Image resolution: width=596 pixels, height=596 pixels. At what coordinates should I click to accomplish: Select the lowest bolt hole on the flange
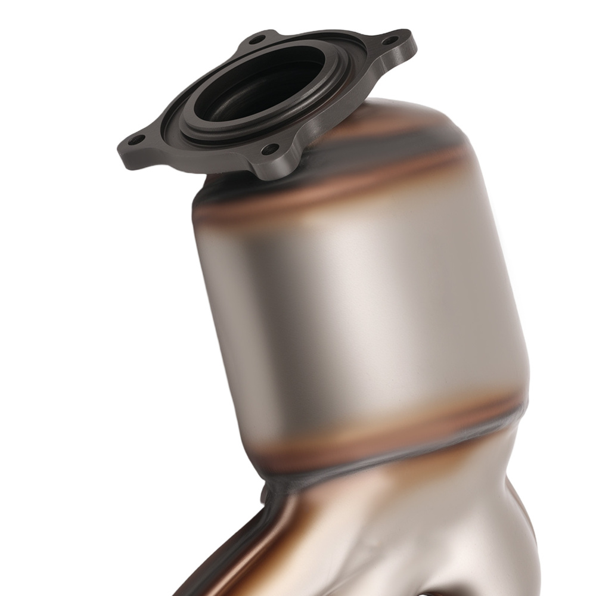click(x=271, y=147)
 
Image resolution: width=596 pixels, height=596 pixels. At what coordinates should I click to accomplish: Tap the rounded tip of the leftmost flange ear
click(x=121, y=143)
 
